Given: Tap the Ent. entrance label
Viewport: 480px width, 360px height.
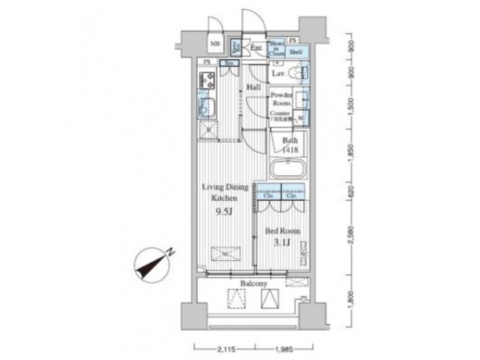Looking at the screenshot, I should (256, 48).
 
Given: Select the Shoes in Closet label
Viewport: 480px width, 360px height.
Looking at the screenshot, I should (277, 48).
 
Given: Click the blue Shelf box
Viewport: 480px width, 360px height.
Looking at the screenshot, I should (297, 48).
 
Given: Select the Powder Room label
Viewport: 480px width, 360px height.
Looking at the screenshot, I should (281, 99).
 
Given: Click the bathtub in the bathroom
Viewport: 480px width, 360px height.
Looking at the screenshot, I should (287, 167).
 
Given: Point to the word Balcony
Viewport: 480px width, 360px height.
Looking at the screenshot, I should (254, 284).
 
